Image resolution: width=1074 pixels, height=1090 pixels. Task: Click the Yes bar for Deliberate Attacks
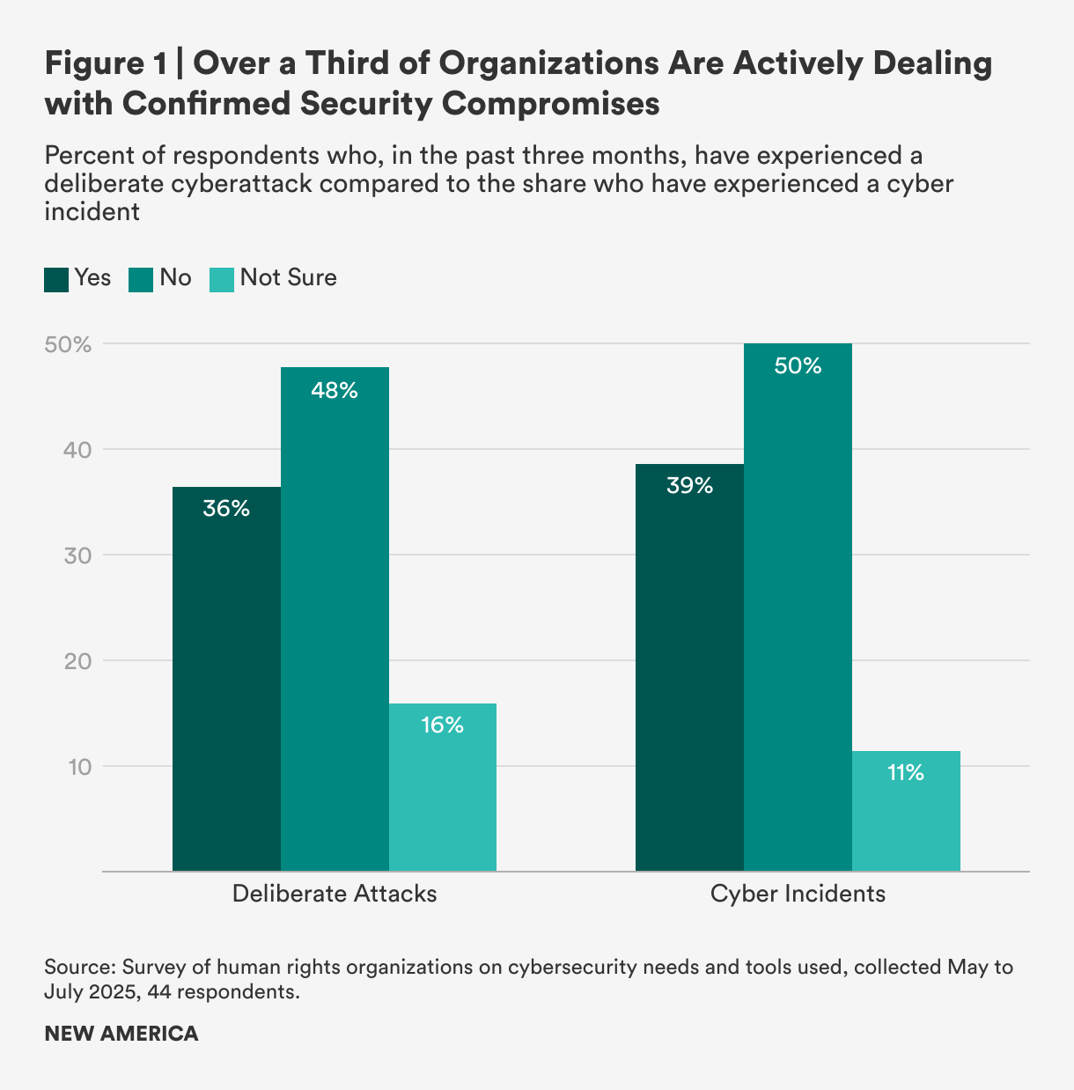(226, 678)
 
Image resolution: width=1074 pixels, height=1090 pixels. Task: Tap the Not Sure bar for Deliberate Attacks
(443, 787)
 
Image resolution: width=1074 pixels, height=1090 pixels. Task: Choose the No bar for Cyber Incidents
(798, 608)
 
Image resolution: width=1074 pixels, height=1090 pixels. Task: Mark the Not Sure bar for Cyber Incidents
(906, 811)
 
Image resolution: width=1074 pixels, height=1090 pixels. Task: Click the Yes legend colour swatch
(56, 279)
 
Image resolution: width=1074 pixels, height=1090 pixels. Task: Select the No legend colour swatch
(141, 279)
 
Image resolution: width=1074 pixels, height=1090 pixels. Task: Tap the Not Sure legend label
(288, 278)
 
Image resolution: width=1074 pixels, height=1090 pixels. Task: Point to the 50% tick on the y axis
(68, 344)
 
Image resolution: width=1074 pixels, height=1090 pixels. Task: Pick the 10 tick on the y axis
(79, 767)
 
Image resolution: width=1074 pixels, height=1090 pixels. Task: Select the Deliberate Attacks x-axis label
(335, 894)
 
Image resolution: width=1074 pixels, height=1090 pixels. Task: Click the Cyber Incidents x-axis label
(798, 894)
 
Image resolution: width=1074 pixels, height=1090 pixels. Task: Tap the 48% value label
(335, 391)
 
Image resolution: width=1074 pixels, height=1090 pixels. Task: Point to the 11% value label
(906, 773)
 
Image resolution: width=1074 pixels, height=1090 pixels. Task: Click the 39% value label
(689, 486)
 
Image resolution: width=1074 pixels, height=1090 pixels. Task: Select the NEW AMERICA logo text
(121, 1034)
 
